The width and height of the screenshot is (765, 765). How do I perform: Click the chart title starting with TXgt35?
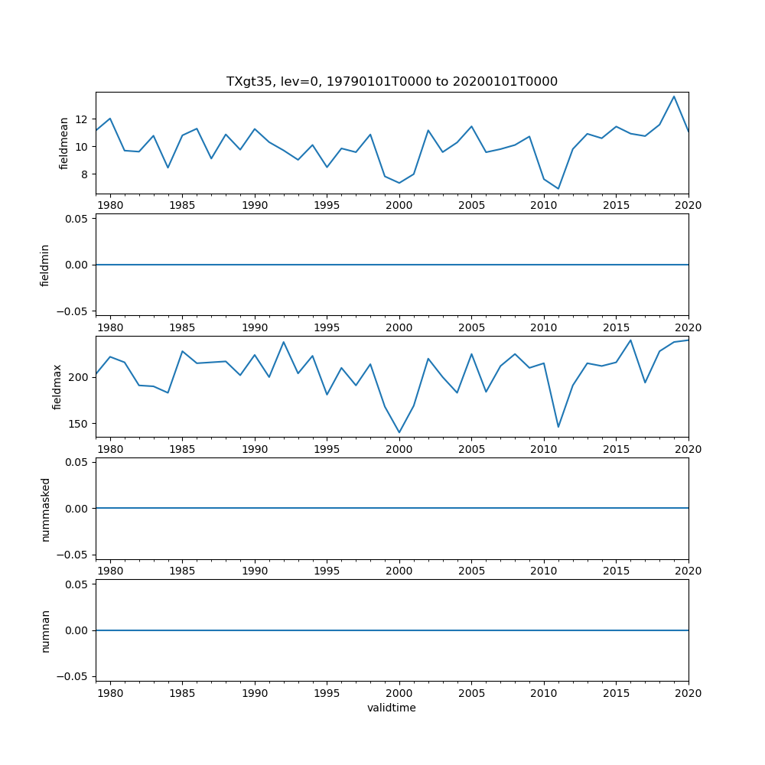(x=392, y=81)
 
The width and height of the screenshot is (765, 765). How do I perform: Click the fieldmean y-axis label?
(x=64, y=143)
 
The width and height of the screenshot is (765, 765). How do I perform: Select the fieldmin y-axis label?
(x=45, y=265)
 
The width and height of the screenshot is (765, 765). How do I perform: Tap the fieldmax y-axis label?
(x=57, y=386)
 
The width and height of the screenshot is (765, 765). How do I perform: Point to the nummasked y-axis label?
(x=45, y=509)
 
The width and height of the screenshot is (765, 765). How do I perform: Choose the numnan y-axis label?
(x=45, y=630)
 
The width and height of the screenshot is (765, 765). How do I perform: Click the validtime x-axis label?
(x=392, y=708)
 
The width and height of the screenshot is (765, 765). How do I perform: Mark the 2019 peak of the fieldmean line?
(x=674, y=96)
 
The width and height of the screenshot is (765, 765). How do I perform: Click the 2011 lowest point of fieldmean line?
(x=558, y=189)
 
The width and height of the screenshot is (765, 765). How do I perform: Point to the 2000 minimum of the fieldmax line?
(x=399, y=432)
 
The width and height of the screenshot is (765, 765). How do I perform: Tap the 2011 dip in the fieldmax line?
(x=558, y=427)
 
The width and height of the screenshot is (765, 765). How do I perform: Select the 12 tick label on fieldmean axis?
(x=82, y=119)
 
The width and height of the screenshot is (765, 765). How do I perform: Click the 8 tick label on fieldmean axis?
(x=85, y=174)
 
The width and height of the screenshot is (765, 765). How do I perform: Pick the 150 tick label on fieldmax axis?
(x=79, y=424)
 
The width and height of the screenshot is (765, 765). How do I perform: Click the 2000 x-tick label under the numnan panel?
(x=399, y=693)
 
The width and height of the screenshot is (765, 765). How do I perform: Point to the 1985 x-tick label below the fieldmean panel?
(x=182, y=205)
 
